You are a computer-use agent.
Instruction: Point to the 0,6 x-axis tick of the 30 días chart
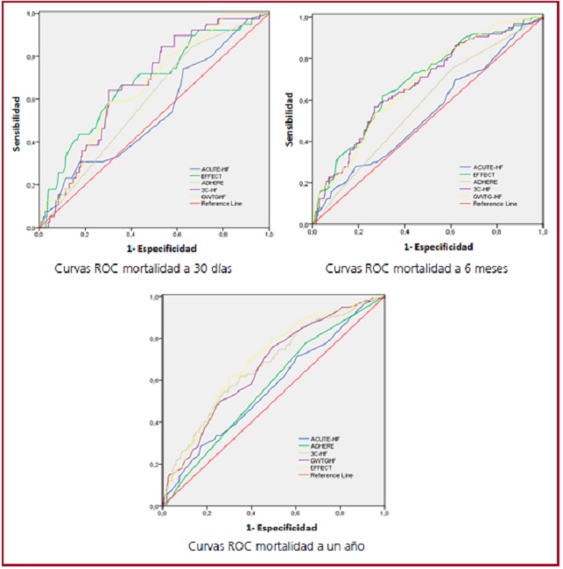[176, 235]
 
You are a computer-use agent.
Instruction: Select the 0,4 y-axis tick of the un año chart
[154, 423]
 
